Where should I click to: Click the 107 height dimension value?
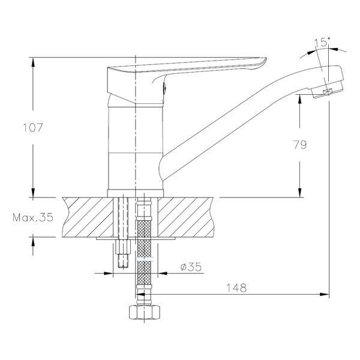pos(33,128)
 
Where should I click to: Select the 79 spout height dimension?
pos(300,145)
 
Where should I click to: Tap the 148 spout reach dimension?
pos(236,287)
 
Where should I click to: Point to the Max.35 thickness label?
pos(33,217)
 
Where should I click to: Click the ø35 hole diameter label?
pos(191,266)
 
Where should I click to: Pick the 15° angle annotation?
pos(321,42)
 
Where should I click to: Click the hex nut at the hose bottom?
pos(144,312)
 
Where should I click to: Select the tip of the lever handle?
pos(265,59)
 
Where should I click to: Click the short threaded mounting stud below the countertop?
pos(123,254)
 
